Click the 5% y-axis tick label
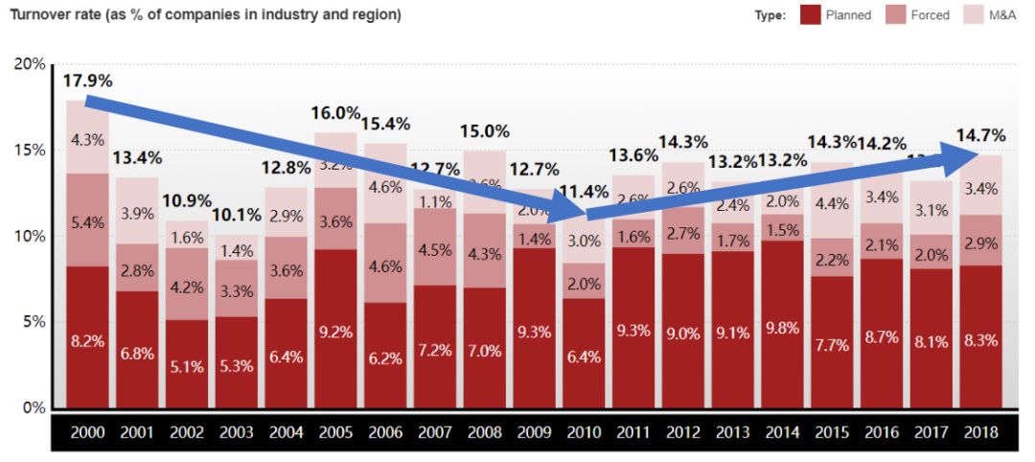tap(33, 322)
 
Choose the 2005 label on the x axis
tap(335, 433)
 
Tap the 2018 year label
tap(980, 433)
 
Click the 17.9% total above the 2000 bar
tap(87, 81)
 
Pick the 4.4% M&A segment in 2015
tap(831, 203)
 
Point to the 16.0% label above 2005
tap(335, 113)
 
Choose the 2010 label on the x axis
tap(583, 433)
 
